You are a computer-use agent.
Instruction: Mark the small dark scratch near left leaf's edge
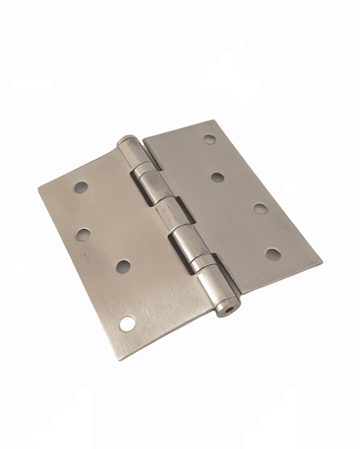pos(85,257)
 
